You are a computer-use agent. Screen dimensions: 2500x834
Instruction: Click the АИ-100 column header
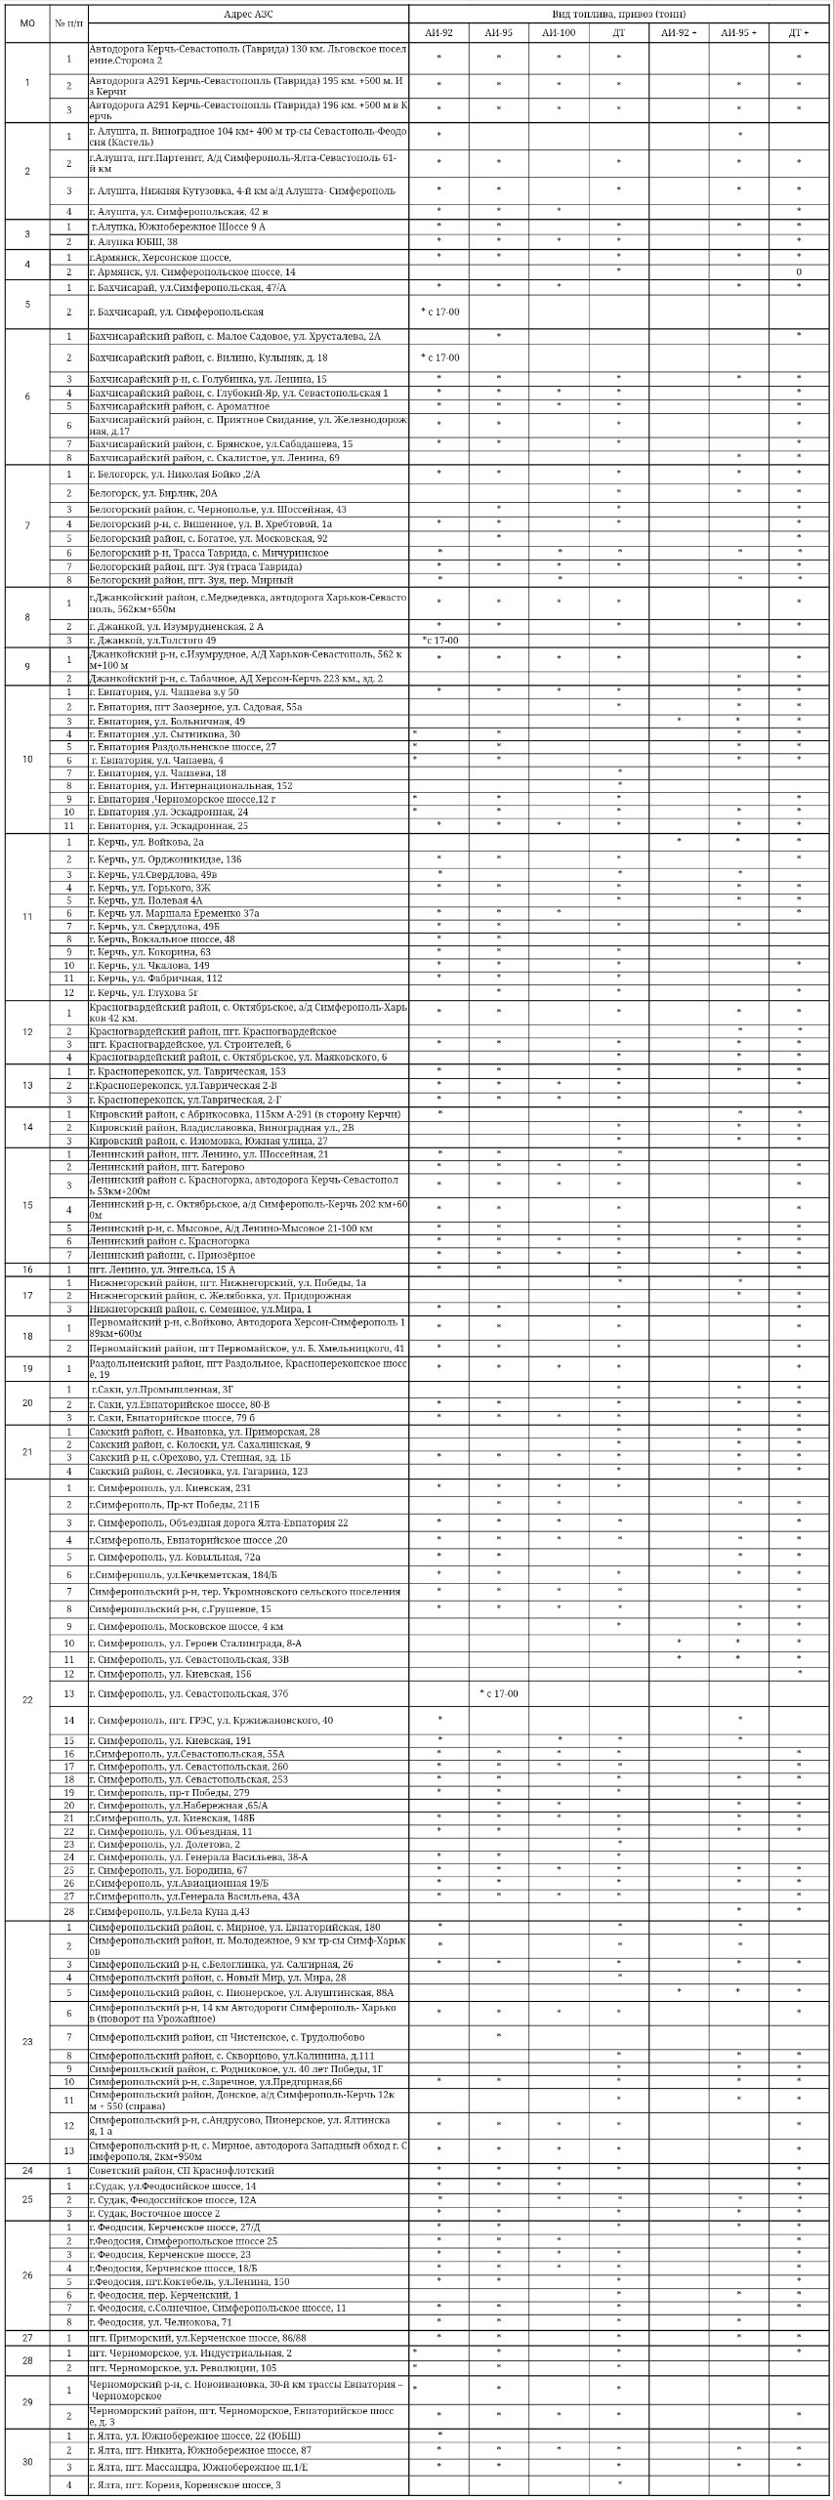click(559, 33)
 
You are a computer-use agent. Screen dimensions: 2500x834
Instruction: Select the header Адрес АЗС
click(247, 13)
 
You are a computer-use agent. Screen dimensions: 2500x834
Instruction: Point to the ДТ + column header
click(798, 33)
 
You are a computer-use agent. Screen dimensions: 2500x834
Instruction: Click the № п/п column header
click(68, 22)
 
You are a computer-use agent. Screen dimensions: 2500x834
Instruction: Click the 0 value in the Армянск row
click(798, 271)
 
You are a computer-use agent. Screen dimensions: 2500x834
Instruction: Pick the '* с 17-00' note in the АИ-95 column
click(499, 1693)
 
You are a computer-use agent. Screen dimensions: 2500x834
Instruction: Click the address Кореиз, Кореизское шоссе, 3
click(186, 2484)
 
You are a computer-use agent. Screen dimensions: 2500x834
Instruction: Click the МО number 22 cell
click(26, 1700)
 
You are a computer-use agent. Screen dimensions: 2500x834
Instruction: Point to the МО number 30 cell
click(26, 2462)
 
